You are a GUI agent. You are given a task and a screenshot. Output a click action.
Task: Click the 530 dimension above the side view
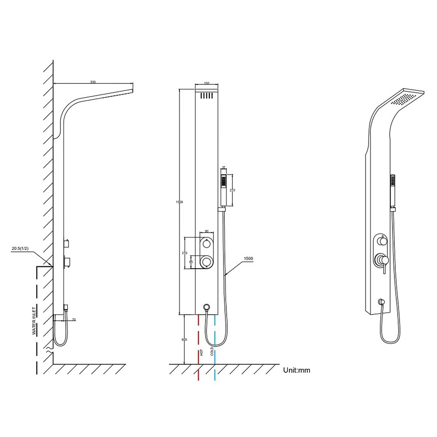(93, 82)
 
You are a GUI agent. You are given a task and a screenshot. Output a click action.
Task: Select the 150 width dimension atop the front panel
(207, 83)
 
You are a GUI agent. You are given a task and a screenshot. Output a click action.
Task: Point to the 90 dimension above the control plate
(207, 231)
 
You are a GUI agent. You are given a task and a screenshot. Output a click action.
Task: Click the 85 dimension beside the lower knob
(191, 262)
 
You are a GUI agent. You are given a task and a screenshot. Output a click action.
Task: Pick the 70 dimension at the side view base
(74, 320)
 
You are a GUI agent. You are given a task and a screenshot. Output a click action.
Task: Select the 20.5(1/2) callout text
(20, 249)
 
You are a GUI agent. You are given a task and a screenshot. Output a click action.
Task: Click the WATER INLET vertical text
(34, 321)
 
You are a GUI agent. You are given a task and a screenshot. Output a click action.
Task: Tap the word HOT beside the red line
(201, 353)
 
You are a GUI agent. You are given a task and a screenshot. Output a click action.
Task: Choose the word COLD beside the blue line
(212, 351)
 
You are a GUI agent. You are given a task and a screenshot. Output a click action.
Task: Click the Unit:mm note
(297, 370)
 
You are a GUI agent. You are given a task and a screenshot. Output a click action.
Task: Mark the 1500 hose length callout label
(248, 258)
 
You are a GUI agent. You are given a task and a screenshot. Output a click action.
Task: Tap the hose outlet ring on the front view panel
(207, 306)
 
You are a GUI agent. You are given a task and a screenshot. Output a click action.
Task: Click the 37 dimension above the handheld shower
(224, 168)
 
